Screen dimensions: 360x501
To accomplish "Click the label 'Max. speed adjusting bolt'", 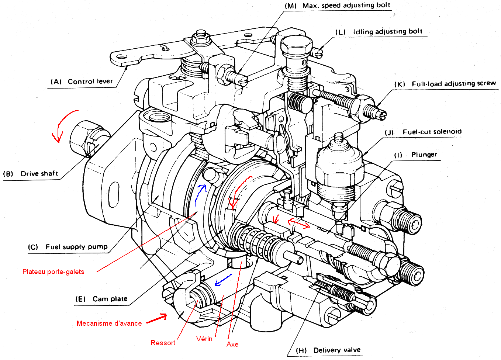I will (x=346, y=6).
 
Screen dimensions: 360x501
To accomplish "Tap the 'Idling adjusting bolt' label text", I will (x=387, y=32).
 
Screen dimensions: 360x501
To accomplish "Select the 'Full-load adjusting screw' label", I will (x=453, y=84).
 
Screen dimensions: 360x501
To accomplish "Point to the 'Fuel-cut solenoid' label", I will (x=432, y=132).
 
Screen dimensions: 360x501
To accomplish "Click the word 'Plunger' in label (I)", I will (x=424, y=155).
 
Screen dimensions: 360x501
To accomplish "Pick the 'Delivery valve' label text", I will (x=336, y=350).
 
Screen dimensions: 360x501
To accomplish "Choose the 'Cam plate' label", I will (x=110, y=299).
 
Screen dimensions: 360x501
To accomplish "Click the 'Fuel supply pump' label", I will (x=76, y=247).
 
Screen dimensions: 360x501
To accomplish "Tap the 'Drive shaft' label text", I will (x=39, y=174).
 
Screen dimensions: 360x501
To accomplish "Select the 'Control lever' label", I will (x=90, y=82).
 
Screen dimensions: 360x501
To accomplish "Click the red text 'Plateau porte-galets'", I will (x=53, y=272).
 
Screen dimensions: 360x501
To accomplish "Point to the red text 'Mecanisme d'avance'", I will (x=109, y=323).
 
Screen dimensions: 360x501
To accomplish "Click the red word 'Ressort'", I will (x=163, y=343).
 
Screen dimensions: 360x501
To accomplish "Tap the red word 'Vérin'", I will (x=204, y=339).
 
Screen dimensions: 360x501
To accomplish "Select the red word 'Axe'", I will (x=232, y=345).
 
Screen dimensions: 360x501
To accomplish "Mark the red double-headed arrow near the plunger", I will (x=298, y=224).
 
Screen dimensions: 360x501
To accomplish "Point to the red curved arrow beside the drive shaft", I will (x=63, y=124).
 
